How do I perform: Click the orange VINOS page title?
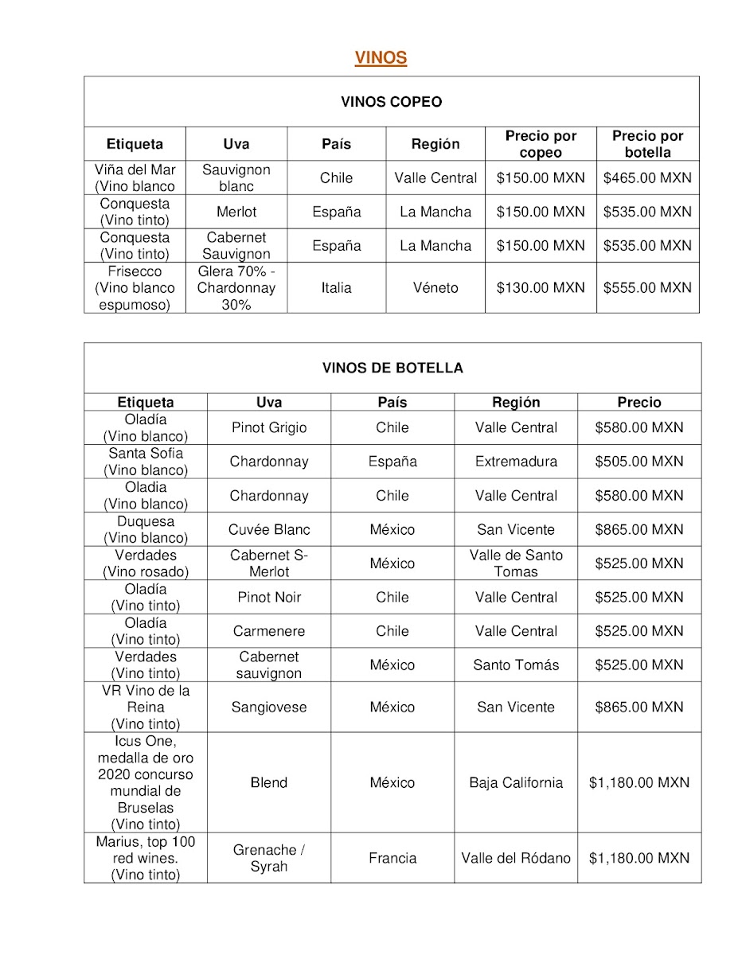[381, 58]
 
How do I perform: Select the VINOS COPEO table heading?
[391, 102]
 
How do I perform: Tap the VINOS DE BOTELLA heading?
[392, 368]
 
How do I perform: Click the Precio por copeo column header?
[541, 144]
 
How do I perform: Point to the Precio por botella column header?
[647, 144]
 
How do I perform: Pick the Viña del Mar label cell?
[135, 178]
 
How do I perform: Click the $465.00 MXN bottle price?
[647, 178]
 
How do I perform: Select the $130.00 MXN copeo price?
[541, 288]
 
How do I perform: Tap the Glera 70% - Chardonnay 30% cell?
[236, 288]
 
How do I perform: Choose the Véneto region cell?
[435, 288]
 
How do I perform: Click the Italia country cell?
[336, 288]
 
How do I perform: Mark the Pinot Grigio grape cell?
[269, 428]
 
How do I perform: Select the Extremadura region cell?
[516, 462]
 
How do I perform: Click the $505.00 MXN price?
[639, 462]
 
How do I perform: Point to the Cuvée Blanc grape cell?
[269, 530]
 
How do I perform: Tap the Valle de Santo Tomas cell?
[516, 563]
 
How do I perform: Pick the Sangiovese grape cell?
[269, 707]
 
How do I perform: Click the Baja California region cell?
[516, 783]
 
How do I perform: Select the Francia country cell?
[392, 859]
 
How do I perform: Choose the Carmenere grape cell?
[269, 631]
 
